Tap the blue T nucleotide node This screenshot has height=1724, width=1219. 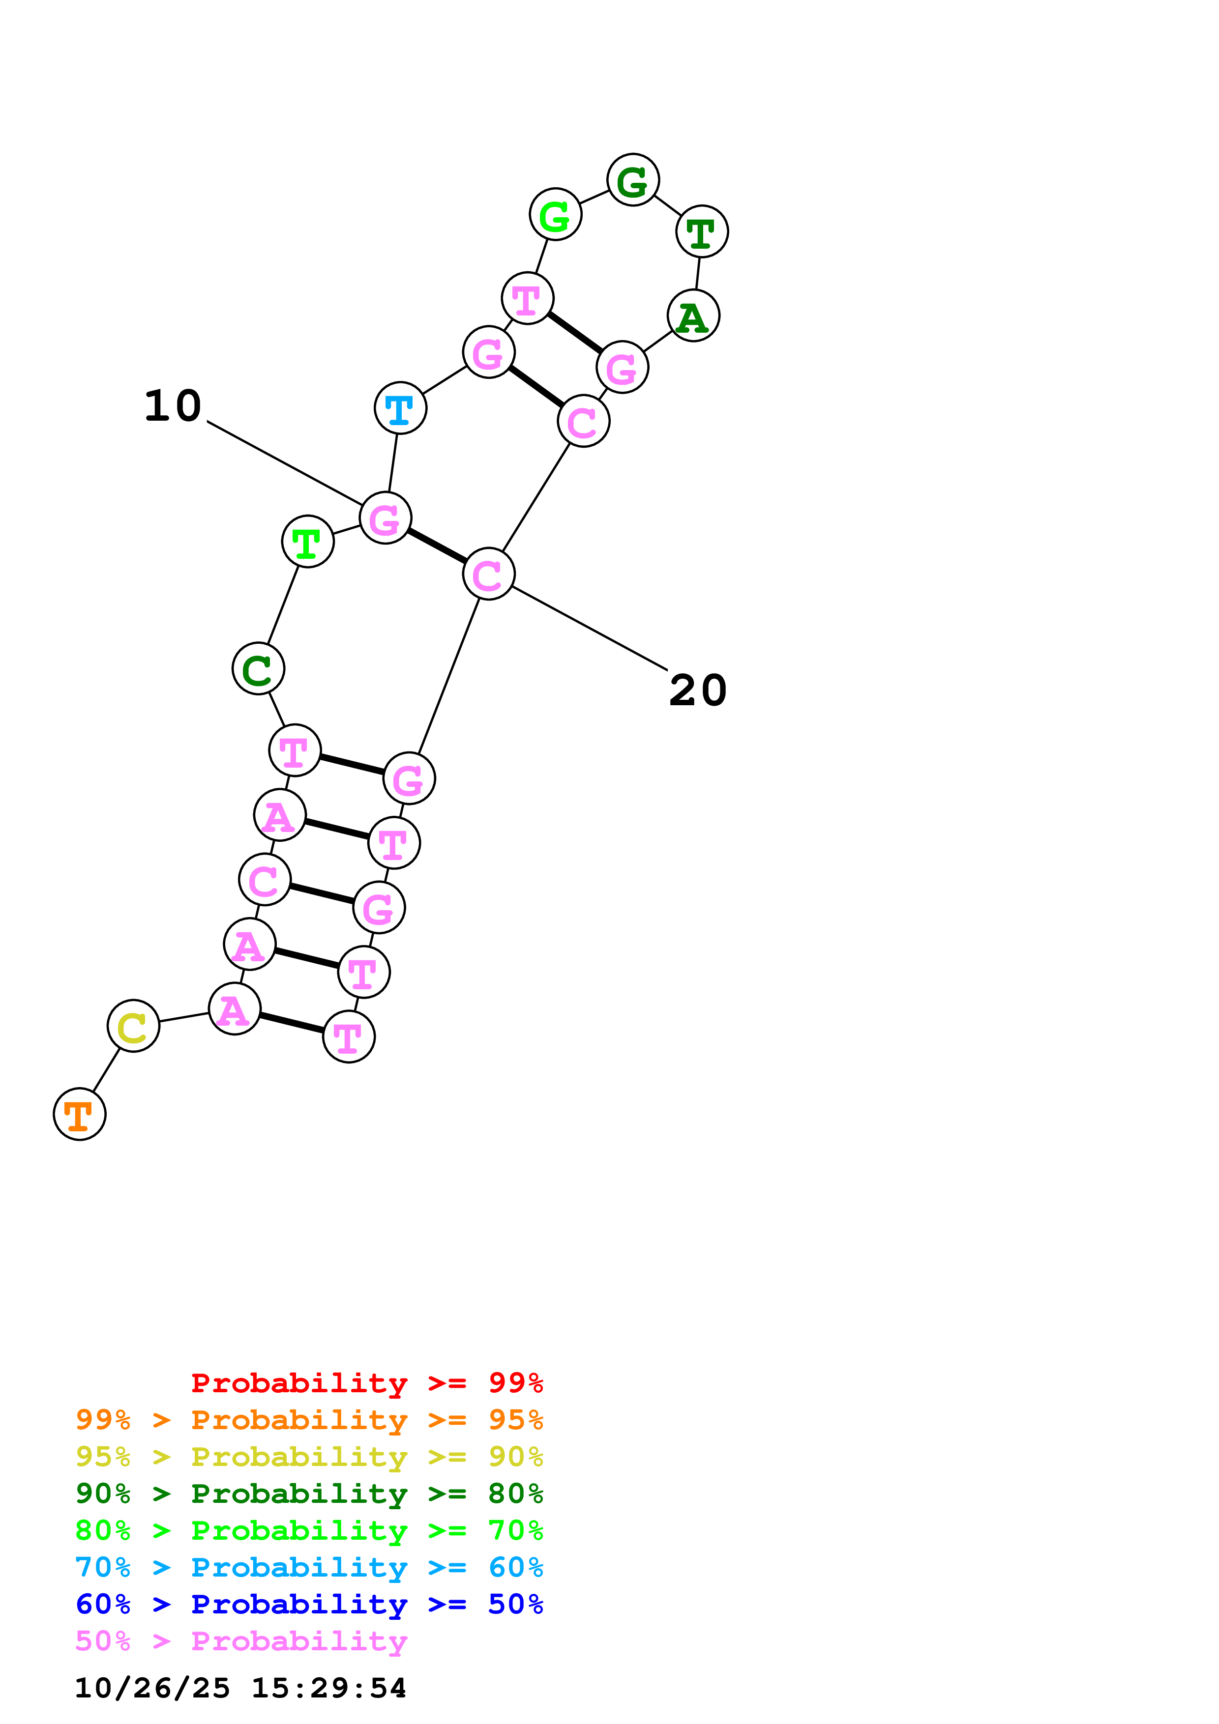(400, 408)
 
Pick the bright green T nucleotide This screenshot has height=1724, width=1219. (307, 542)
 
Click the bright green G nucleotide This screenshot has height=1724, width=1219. (555, 215)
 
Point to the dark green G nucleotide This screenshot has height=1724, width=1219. (633, 180)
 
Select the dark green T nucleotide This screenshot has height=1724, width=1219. (702, 232)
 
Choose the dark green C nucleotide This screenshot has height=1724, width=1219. (258, 668)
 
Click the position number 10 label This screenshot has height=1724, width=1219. (173, 406)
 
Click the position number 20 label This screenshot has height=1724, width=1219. (698, 690)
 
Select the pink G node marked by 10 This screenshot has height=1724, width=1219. (386, 518)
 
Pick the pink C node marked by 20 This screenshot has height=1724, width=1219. (488, 575)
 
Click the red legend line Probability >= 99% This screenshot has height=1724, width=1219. (366, 1383)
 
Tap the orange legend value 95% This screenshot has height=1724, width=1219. (515, 1420)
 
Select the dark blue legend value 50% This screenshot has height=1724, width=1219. (515, 1604)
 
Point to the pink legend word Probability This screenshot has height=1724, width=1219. (299, 1641)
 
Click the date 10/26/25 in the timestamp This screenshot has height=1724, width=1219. (152, 1688)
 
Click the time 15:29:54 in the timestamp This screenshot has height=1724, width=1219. (328, 1688)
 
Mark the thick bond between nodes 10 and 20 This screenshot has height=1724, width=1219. (436, 546)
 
